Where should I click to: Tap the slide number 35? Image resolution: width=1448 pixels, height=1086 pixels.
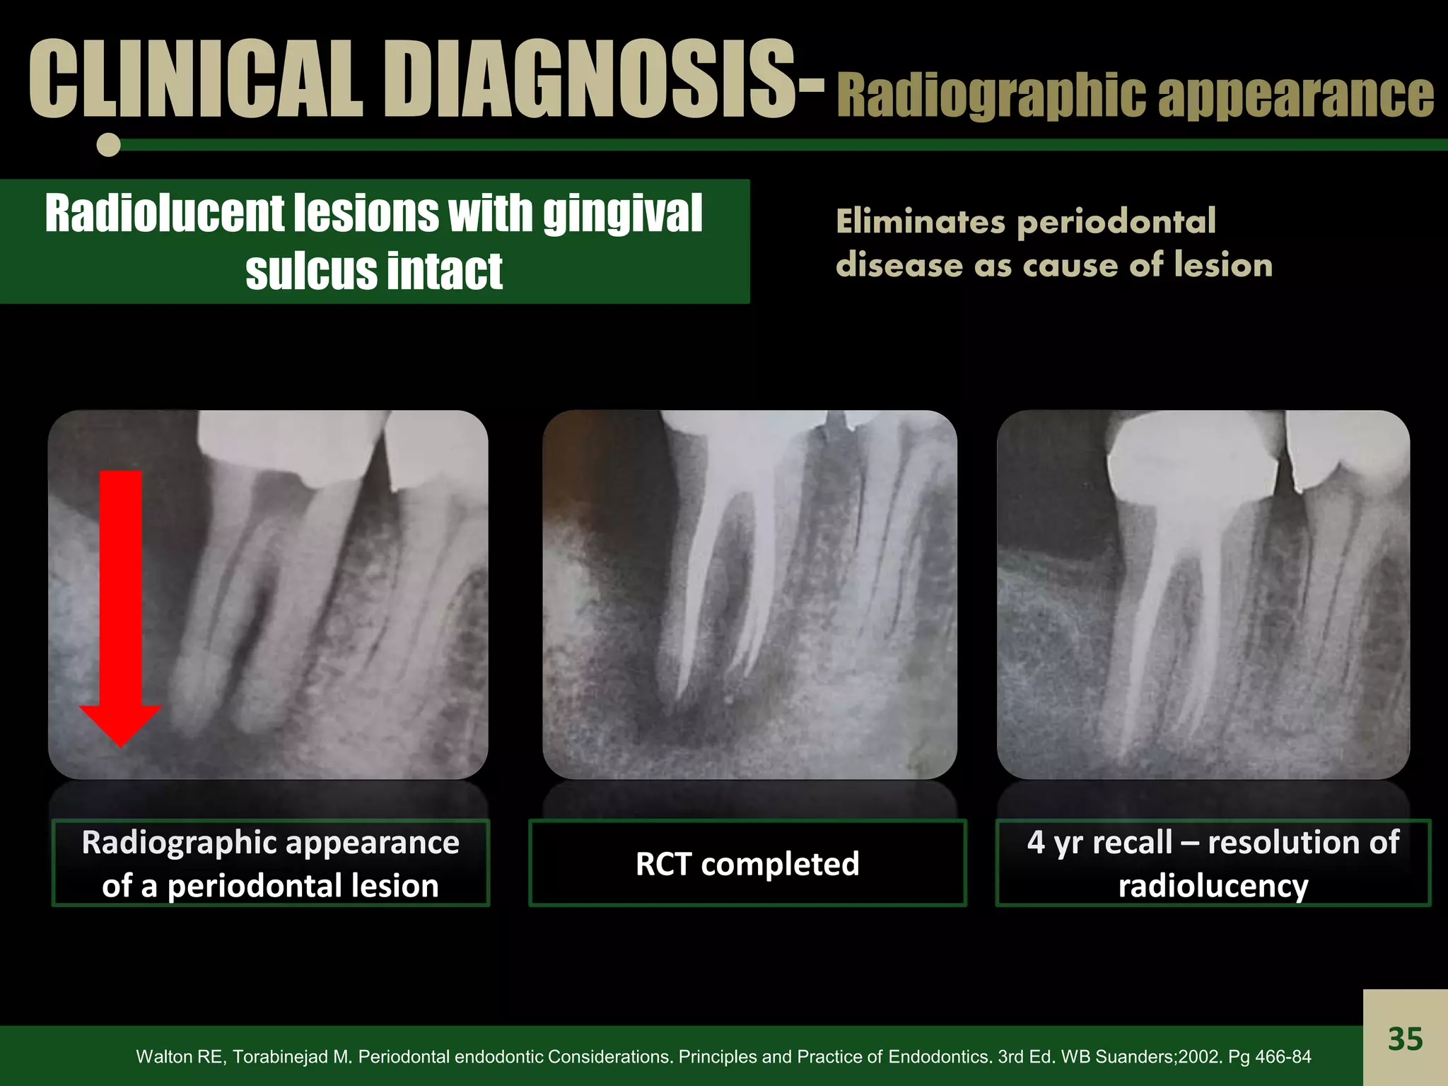tap(1405, 1039)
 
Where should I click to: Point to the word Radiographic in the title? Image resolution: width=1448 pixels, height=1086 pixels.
tap(991, 96)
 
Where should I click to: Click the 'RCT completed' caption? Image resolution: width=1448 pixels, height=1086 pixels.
tap(747, 863)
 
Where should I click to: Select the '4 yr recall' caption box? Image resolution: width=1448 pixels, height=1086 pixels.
tap(1213, 863)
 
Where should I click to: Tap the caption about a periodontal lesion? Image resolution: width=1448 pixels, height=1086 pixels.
tap(271, 863)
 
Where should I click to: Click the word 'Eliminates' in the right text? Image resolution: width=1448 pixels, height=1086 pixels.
tap(920, 221)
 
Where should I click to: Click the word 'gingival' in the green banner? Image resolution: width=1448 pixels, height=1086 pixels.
tap(622, 213)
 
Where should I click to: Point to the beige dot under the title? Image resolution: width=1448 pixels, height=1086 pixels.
tap(109, 145)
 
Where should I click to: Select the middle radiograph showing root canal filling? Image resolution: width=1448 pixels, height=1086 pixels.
tap(749, 594)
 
